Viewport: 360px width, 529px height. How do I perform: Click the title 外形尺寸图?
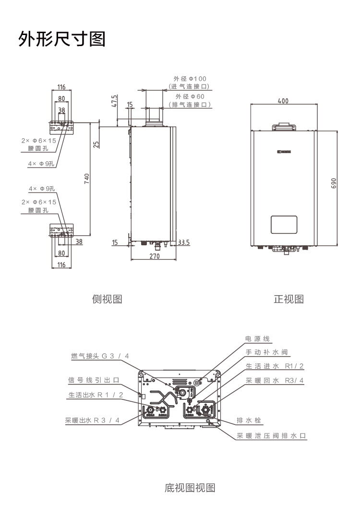(62, 38)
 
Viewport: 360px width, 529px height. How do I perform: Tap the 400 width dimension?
(283, 101)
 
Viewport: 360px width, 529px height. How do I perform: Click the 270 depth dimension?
(154, 256)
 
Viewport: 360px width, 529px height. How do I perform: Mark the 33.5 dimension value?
(184, 242)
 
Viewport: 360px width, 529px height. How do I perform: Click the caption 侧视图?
(107, 300)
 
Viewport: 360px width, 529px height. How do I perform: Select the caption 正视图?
(288, 300)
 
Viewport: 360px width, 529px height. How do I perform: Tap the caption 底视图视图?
(190, 488)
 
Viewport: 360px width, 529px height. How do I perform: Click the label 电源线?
(257, 339)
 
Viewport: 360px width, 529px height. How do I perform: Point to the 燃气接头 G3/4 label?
(99, 356)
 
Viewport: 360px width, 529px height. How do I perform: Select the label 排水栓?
(249, 421)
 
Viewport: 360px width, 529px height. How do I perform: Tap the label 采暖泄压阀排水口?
(271, 436)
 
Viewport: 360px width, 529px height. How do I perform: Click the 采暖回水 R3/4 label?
(275, 380)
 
